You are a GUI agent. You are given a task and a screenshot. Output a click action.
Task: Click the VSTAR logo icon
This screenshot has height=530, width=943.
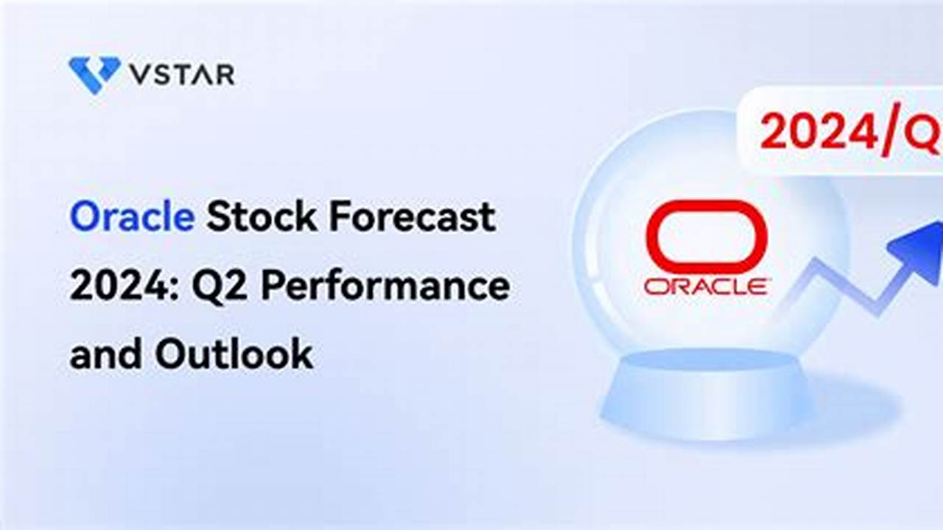point(94,74)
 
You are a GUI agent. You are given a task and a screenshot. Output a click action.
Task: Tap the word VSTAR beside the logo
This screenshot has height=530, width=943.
point(181,74)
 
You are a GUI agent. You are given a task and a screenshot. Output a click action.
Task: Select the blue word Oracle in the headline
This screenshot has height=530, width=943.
point(132,218)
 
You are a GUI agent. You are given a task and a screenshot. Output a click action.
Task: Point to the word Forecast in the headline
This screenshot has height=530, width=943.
point(412,218)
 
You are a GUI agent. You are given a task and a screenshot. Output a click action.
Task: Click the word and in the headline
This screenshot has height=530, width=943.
point(104,355)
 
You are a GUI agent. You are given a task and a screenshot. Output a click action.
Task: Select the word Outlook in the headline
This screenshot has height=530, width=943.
point(234,355)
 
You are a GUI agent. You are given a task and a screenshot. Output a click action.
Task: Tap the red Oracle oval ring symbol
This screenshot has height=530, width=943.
point(707,236)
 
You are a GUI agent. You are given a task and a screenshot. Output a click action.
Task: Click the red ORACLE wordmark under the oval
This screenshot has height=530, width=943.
point(707,286)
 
